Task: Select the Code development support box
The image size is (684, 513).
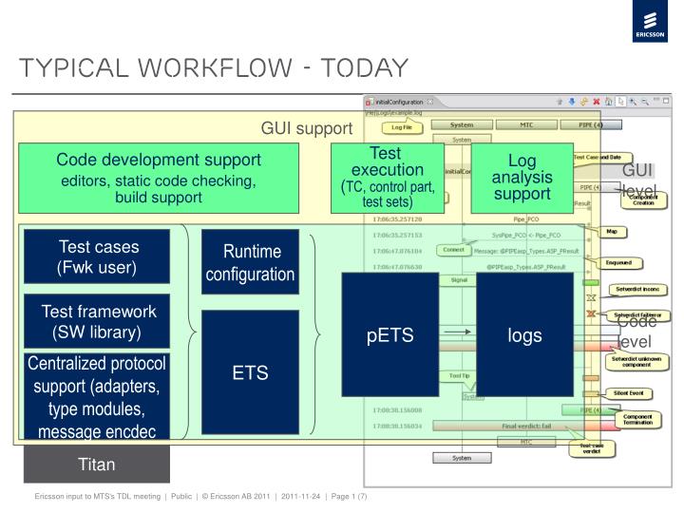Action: [x=159, y=178]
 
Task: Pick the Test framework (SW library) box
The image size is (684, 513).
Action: [x=97, y=321]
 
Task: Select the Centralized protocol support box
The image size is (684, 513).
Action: [x=97, y=398]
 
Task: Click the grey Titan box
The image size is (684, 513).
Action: [x=97, y=464]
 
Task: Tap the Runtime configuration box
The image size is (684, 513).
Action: [x=252, y=263]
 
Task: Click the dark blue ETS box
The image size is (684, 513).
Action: [x=251, y=373]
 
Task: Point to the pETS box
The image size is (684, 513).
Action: [x=389, y=334]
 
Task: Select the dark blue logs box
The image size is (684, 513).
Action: [x=524, y=334]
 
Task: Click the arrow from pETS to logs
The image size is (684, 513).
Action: [x=458, y=332]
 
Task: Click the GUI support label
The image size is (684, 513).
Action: [x=307, y=127]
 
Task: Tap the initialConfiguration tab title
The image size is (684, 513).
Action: [x=399, y=101]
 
